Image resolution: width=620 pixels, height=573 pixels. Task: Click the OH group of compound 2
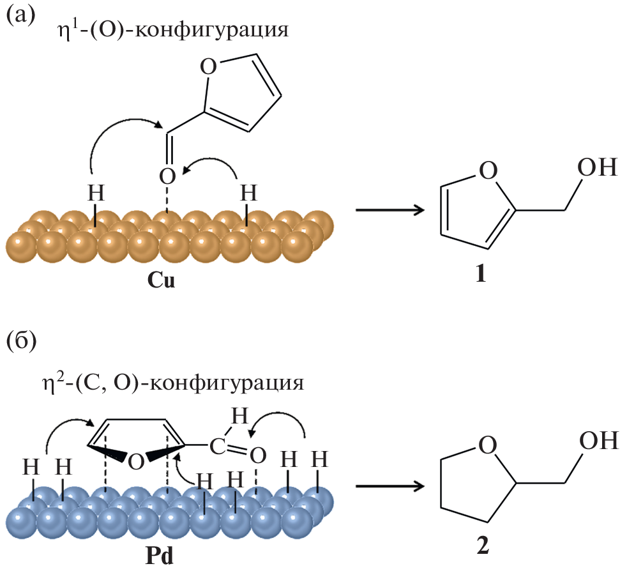click(597, 441)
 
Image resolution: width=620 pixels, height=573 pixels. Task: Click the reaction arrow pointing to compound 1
click(389, 210)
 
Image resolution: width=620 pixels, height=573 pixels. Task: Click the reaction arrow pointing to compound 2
click(389, 486)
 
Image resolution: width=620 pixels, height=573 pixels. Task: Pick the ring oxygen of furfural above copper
click(209, 66)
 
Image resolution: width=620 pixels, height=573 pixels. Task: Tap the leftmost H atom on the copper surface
click(95, 191)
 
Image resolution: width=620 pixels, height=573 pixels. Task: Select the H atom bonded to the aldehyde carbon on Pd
click(238, 417)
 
